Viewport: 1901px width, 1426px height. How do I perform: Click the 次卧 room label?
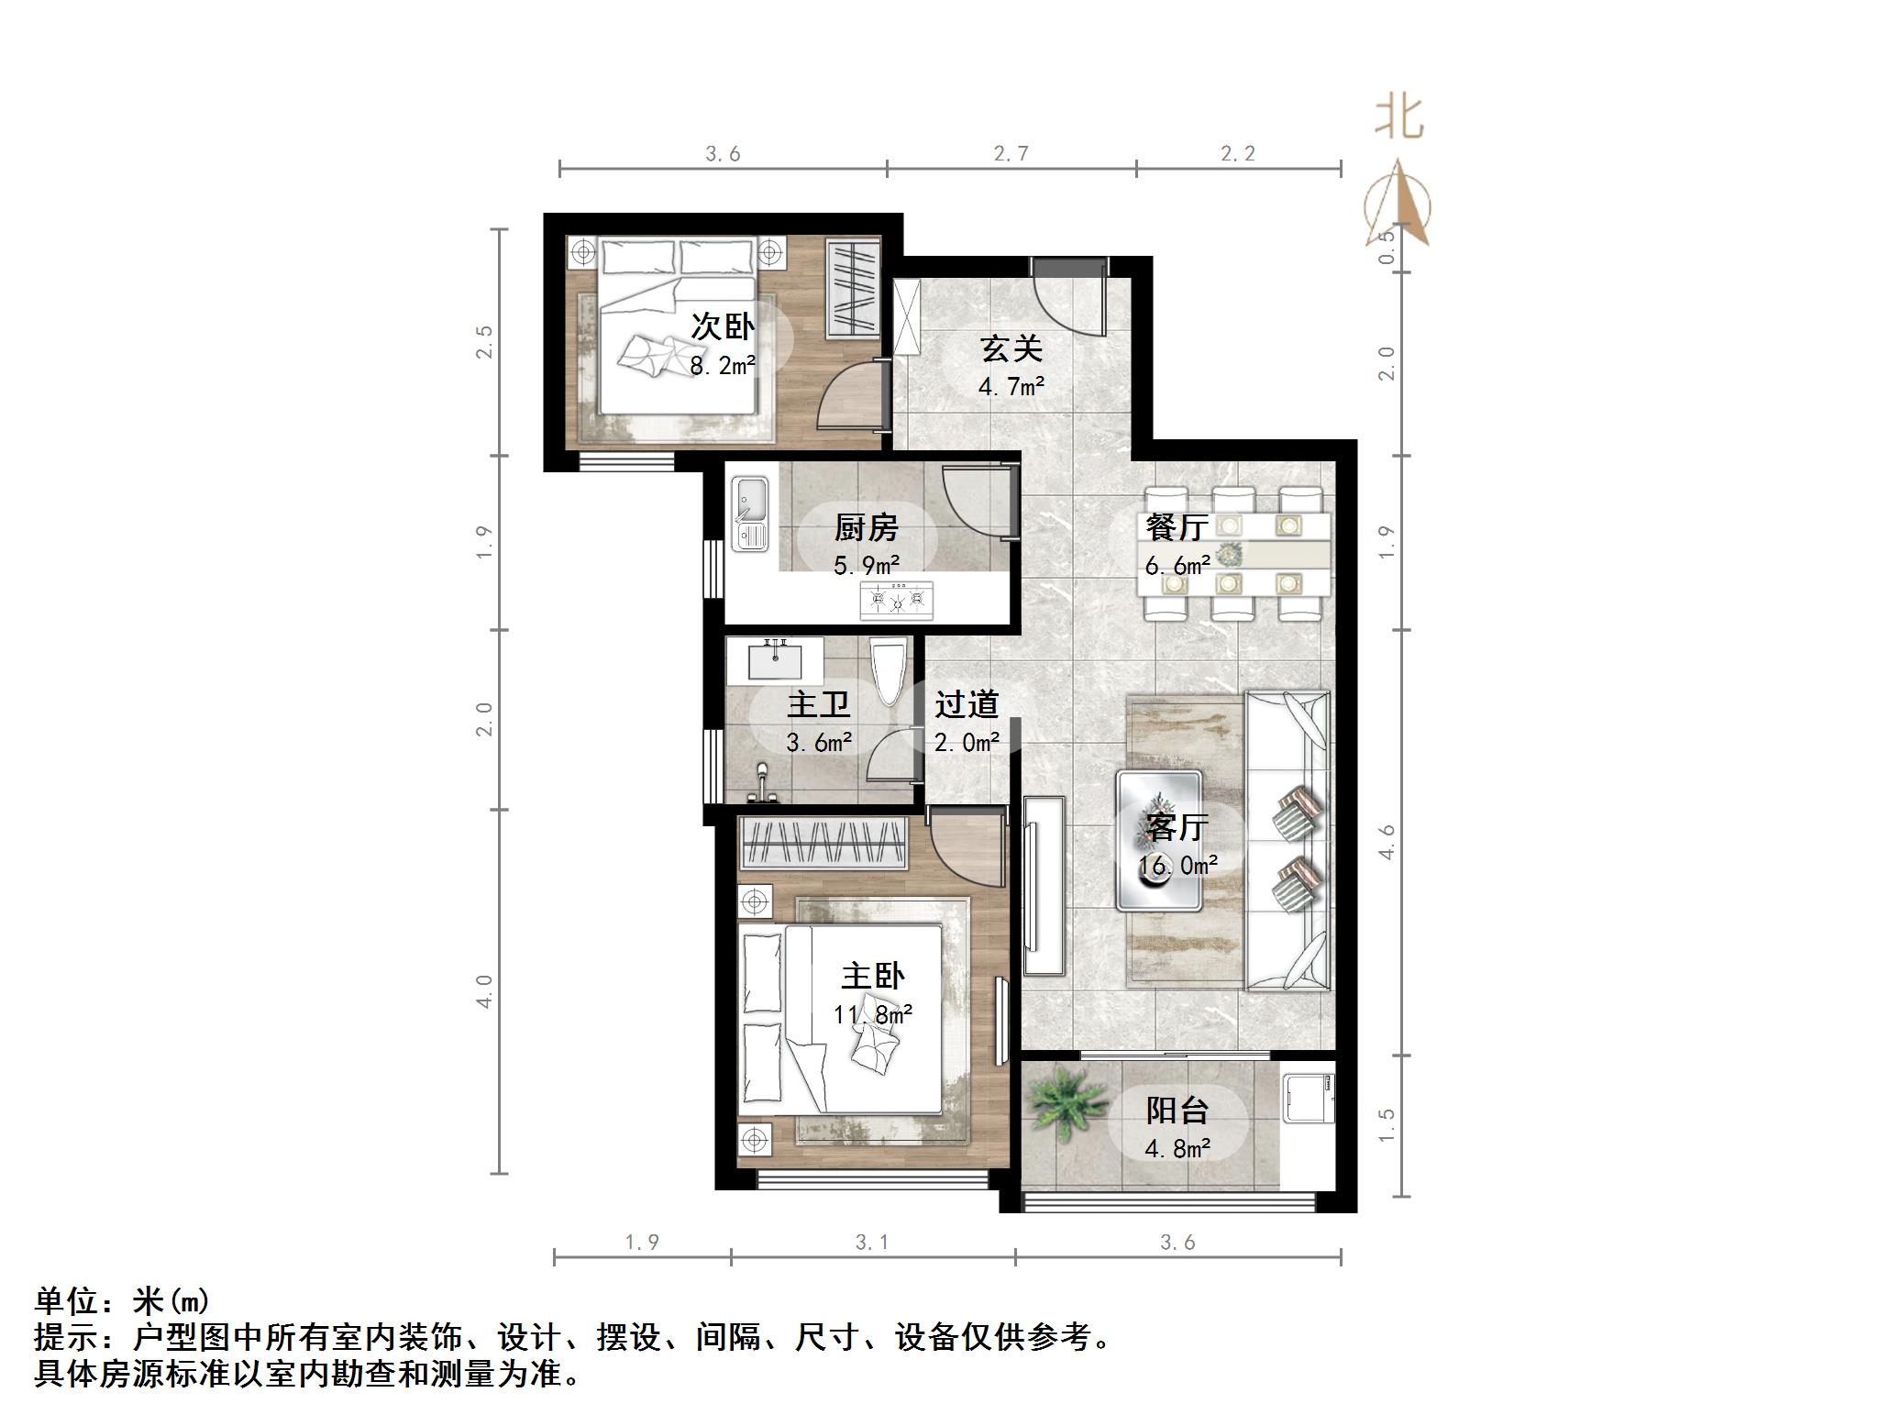[x=722, y=326]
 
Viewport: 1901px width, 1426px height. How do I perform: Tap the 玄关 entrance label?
[x=1011, y=348]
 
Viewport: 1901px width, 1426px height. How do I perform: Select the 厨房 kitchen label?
[x=866, y=527]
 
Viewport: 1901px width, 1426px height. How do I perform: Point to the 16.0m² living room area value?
[x=1177, y=866]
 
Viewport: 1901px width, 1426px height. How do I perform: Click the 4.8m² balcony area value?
[x=1177, y=1148]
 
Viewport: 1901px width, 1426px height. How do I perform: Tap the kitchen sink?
[x=750, y=515]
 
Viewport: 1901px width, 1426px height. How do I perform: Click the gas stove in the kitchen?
[x=896, y=601]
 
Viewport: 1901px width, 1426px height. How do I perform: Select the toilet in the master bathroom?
[x=888, y=670]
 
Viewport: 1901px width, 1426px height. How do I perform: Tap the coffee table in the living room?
[x=1158, y=841]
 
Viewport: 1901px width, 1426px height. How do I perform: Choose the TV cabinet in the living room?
[x=1044, y=885]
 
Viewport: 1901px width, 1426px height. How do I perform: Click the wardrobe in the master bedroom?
[x=823, y=843]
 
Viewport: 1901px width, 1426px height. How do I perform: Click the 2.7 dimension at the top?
[x=1011, y=153]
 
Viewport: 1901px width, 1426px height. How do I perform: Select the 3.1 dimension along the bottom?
[x=872, y=1243]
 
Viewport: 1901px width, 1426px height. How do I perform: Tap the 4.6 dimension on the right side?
[x=1387, y=842]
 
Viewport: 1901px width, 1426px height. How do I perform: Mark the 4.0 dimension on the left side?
[x=484, y=991]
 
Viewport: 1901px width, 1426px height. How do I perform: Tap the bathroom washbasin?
[x=775, y=658]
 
